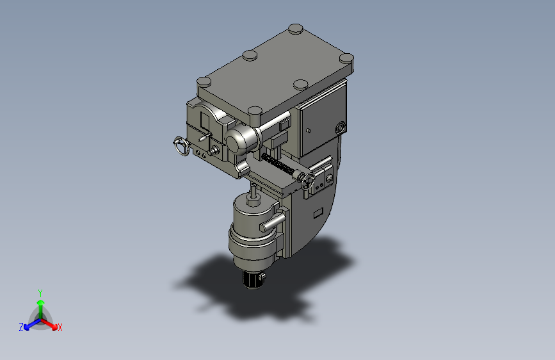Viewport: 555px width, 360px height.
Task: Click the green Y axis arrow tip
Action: click(x=41, y=302)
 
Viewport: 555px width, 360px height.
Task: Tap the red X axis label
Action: click(x=60, y=327)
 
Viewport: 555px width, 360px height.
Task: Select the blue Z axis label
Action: click(x=21, y=327)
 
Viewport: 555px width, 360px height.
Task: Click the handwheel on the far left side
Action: click(x=182, y=145)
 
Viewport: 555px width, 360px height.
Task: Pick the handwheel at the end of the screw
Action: click(x=308, y=182)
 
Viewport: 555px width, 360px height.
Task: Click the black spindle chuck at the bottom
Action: click(x=252, y=280)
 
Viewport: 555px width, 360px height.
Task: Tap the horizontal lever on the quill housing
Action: click(x=272, y=222)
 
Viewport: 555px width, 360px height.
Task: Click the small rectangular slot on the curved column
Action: click(x=318, y=213)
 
